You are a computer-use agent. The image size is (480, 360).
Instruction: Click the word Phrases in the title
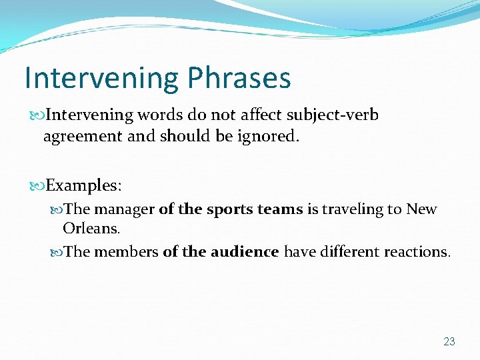pos(239,79)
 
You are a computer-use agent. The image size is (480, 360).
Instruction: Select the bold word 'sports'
pos(231,209)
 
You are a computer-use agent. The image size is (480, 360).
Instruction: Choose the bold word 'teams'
pos(281,209)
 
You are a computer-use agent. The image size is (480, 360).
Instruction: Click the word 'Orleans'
pos(91,229)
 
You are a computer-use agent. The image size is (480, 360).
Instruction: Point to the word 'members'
pos(126,252)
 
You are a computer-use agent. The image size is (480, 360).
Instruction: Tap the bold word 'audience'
pos(244,252)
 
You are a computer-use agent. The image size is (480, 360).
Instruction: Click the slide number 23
pos(449,342)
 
